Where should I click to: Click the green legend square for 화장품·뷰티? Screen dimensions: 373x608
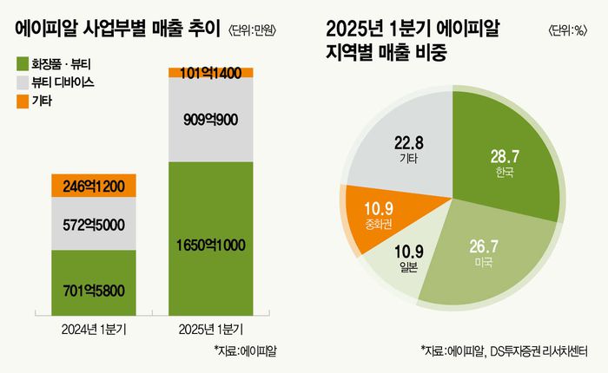pos(23,62)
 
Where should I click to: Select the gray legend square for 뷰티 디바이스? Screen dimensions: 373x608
pos(23,82)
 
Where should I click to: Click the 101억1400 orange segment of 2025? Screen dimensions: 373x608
pos(211,72)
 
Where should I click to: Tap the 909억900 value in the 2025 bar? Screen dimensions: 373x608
pos(211,121)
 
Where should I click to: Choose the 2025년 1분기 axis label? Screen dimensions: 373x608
pos(211,329)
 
